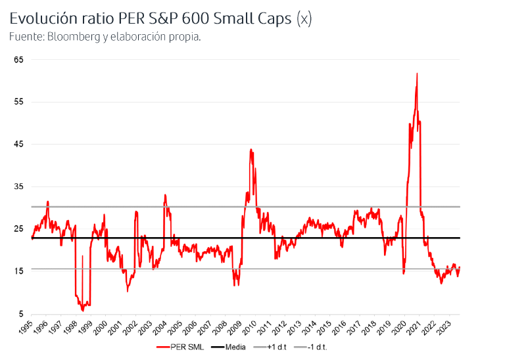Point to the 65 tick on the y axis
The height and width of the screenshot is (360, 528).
(19, 60)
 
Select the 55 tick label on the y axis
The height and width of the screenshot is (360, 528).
(19, 102)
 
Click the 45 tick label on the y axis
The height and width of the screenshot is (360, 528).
(19, 144)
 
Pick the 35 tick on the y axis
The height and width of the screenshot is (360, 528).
(19, 187)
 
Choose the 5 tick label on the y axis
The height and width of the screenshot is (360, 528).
(21, 313)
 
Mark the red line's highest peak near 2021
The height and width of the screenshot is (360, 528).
(417, 74)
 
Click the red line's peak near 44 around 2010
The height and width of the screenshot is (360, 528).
(251, 150)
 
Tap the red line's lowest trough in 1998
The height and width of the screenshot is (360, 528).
(82, 310)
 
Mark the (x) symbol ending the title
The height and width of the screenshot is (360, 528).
(303, 19)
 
